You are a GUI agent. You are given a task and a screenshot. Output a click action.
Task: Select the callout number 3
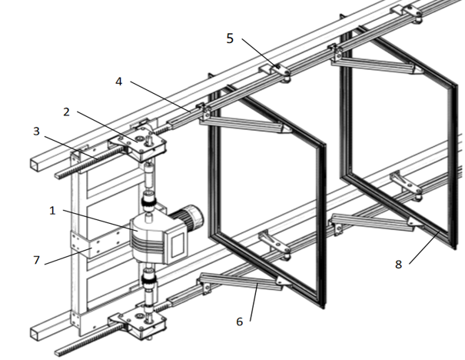36,132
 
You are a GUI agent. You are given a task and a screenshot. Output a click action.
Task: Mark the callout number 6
240,321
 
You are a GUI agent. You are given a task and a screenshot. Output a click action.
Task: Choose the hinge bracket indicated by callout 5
280,72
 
